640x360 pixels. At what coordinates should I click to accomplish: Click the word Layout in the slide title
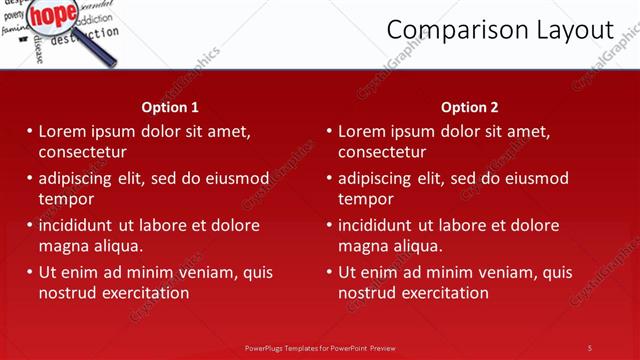click(572, 30)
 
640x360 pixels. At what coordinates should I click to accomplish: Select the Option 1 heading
click(170, 107)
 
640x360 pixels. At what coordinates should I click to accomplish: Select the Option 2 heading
click(470, 107)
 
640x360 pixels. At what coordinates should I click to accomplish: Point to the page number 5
click(590, 347)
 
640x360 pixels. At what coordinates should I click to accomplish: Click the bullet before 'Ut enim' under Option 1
click(29, 272)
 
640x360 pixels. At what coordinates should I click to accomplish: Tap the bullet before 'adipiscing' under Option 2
click(329, 178)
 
